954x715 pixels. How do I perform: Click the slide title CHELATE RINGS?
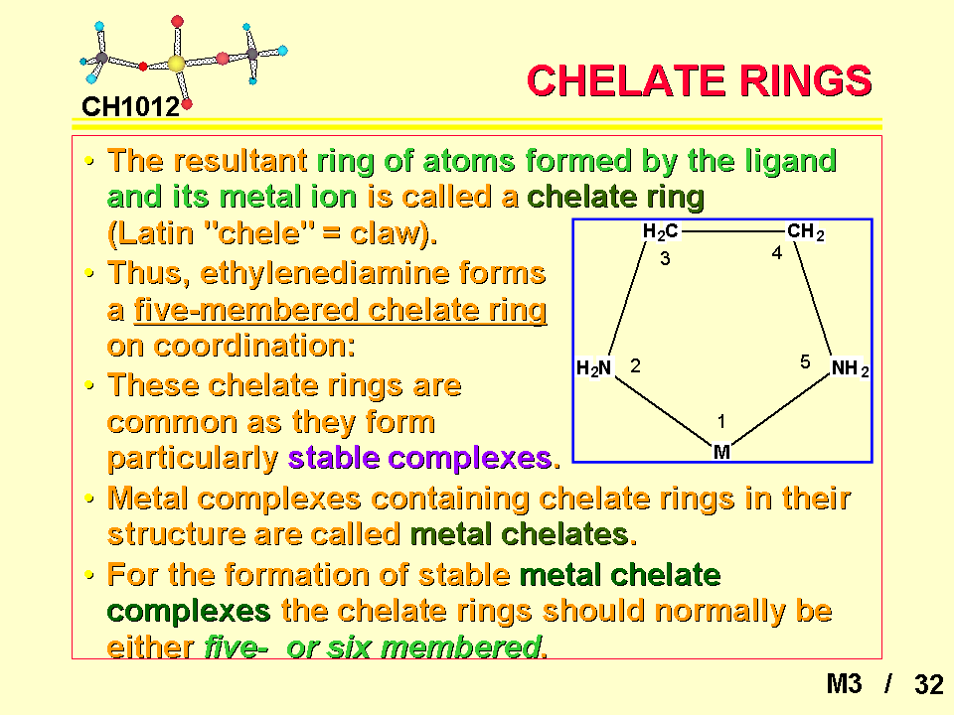coord(699,80)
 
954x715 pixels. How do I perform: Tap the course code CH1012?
coord(131,107)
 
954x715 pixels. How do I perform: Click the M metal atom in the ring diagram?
coord(721,452)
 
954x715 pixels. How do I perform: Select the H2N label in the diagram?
coord(594,367)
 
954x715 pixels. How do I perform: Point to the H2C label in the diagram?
coord(660,231)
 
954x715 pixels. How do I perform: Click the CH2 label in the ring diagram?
coord(806,231)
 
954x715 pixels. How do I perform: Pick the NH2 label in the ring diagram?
coord(850,367)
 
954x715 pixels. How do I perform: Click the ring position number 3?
coord(665,259)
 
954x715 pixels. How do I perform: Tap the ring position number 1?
coord(721,421)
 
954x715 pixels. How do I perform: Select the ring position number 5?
coord(805,362)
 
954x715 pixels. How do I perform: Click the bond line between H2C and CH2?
coord(732,231)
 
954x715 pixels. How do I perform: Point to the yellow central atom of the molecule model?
coord(176,64)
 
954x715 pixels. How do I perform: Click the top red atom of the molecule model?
coord(177,21)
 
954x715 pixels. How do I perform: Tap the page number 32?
coord(928,684)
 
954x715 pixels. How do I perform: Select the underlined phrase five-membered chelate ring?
coord(340,310)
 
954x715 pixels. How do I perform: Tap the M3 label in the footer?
coord(844,684)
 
